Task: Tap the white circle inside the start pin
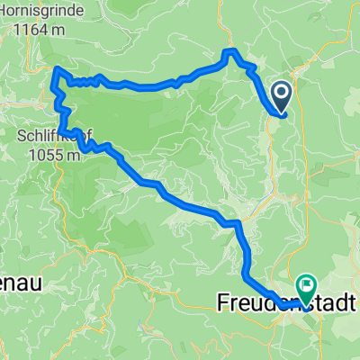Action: tap(282, 91)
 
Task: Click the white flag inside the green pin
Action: tap(307, 284)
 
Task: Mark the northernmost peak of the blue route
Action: tap(232, 50)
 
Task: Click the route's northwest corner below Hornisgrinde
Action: tap(58, 69)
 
